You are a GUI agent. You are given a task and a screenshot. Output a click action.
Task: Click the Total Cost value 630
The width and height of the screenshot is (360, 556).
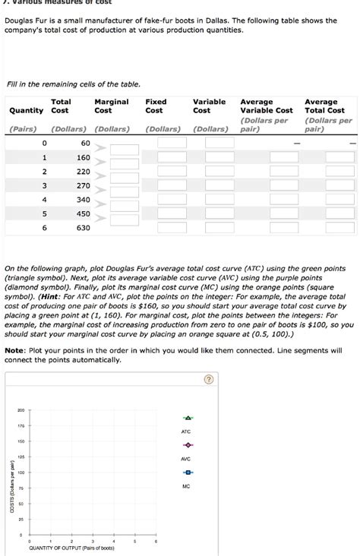[83, 228]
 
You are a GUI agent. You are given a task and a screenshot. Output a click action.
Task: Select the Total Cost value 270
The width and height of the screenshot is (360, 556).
[83, 185]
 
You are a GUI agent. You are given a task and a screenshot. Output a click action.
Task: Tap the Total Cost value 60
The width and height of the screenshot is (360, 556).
[85, 144]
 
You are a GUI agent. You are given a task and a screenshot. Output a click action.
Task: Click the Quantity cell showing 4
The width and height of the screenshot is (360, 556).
[45, 200]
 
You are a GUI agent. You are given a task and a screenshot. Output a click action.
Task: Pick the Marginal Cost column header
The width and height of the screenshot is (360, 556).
[111, 106]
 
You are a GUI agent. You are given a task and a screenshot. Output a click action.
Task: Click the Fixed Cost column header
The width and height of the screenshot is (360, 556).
[156, 106]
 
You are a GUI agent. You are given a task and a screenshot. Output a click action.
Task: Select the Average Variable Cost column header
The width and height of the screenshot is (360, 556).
[266, 106]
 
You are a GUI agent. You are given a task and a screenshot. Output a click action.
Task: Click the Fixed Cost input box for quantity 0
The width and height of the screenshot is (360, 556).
[172, 144]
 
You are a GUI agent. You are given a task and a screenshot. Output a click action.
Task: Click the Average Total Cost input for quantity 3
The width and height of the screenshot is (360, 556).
[339, 185]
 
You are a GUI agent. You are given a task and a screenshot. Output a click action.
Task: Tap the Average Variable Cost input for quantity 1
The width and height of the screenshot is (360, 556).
[276, 157]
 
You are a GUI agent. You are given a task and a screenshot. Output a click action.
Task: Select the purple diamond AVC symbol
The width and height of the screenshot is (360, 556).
[186, 445]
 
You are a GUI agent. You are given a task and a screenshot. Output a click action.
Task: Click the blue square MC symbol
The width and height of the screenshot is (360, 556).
[186, 472]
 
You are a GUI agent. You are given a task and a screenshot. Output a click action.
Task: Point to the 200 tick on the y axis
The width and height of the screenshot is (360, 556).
[21, 410]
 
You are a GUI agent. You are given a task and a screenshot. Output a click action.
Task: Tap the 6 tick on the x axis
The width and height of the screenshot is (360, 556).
[155, 542]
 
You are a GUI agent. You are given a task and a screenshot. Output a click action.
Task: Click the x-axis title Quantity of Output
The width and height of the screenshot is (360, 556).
[71, 548]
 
